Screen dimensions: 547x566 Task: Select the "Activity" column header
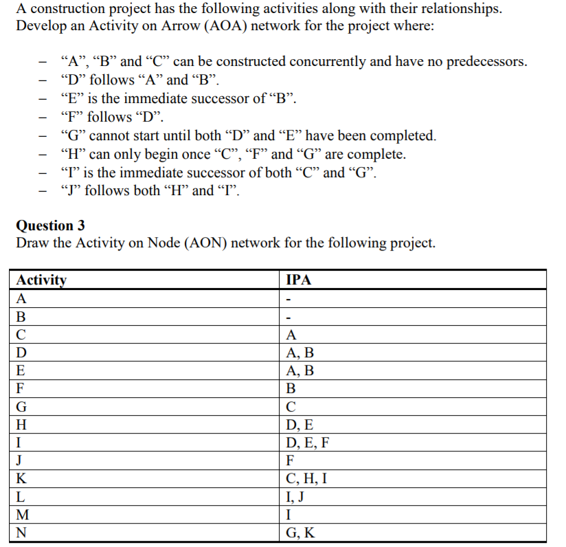coord(41,280)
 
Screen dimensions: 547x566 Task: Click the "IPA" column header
coord(298,280)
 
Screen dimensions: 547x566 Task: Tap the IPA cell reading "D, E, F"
coord(307,443)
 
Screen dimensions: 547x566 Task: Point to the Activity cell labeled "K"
coord(22,478)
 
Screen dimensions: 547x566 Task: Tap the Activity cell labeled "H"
coord(22,425)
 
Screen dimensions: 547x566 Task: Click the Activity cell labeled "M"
coord(23,514)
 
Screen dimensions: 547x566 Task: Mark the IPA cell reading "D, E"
coord(299,425)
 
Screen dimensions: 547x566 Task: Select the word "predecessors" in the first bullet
coord(486,62)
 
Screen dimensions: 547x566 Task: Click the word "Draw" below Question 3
coord(31,243)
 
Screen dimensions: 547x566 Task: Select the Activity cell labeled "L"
coord(21,496)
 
